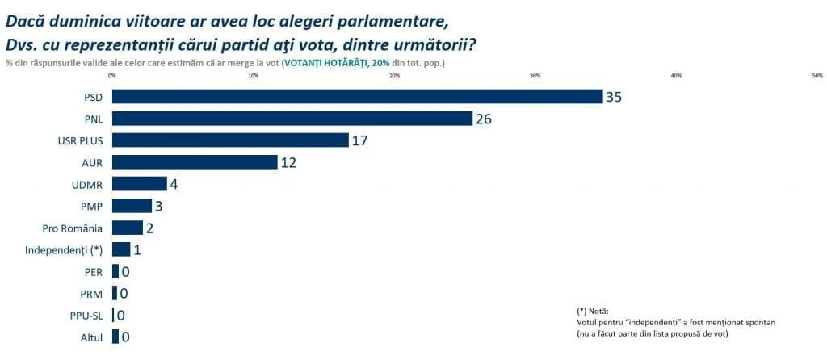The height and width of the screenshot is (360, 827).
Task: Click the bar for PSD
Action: [x=357, y=97]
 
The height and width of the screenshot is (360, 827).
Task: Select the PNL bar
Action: [x=292, y=119]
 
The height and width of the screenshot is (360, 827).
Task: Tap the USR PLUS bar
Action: [x=230, y=140]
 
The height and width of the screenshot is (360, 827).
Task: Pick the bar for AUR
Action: [x=195, y=162]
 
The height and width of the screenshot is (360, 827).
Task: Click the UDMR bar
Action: [x=139, y=184]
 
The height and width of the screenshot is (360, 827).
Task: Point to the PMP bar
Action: [x=132, y=206]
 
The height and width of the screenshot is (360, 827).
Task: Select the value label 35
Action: [x=614, y=97]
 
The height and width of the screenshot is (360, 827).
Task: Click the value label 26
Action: [x=483, y=119]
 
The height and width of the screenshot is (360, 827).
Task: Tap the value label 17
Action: [x=360, y=140]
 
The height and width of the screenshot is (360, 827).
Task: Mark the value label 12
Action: [x=288, y=162]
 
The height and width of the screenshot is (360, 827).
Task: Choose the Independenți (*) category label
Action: [x=64, y=249]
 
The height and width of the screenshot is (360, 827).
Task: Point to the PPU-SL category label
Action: [x=86, y=316]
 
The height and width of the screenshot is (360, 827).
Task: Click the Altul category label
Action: [x=91, y=337]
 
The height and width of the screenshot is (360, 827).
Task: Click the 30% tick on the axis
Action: [x=535, y=76]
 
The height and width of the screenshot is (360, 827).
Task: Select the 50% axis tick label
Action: [x=817, y=76]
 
